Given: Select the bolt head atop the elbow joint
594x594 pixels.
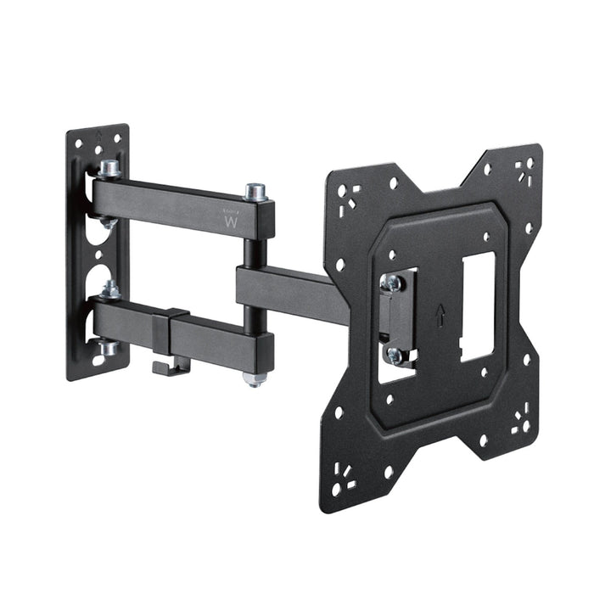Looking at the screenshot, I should click(x=255, y=191).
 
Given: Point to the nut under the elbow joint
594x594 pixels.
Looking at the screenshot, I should click(x=253, y=378).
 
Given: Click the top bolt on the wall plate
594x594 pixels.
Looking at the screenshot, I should click(x=109, y=168).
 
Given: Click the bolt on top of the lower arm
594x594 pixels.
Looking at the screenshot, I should click(x=110, y=289).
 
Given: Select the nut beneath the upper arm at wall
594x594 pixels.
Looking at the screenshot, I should click(x=109, y=222).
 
